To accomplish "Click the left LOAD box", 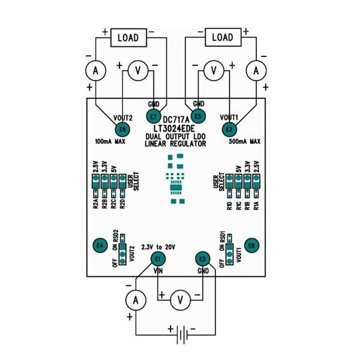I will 128,38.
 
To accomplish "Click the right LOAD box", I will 223,38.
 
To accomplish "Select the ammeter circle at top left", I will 94,71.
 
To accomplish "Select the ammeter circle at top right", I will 257,71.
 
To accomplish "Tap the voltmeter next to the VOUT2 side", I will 138,71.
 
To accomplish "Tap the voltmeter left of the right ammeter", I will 213,71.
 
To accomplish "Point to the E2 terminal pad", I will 229,129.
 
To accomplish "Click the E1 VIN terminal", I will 158,259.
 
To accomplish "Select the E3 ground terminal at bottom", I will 203,259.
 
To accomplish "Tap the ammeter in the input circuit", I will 136,298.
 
